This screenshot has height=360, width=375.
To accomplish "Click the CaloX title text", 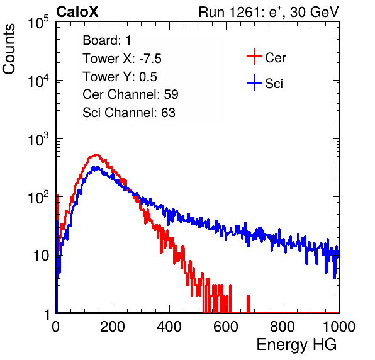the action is click(x=77, y=12).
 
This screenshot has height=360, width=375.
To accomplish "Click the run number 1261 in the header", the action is click(x=243, y=12).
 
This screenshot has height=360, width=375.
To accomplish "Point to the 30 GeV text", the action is click(x=314, y=12).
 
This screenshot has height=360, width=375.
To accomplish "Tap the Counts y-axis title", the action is click(x=9, y=49).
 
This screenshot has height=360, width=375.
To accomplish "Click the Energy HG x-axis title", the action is click(x=296, y=345).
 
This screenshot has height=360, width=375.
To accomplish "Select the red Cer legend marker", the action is click(x=254, y=57).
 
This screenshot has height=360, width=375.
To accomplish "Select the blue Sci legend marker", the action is click(x=254, y=83).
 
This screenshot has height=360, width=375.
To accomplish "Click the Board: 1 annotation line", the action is click(x=107, y=40).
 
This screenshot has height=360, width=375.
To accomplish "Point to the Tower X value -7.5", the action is click(x=150, y=59).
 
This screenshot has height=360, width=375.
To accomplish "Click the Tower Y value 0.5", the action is click(x=148, y=77).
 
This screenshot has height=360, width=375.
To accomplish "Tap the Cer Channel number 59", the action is click(x=171, y=94).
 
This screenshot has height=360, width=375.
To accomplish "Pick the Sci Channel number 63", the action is click(x=168, y=113).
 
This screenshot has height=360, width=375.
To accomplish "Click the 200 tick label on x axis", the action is click(x=113, y=327).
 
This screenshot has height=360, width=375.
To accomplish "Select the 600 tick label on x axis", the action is click(x=226, y=327).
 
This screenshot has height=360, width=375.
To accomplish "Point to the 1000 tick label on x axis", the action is click(x=339, y=327).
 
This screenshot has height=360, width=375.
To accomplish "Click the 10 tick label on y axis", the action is click(x=42, y=256).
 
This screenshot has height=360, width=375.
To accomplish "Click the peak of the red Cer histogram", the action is click(x=96, y=155).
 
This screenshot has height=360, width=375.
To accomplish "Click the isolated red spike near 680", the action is click(x=249, y=304).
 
